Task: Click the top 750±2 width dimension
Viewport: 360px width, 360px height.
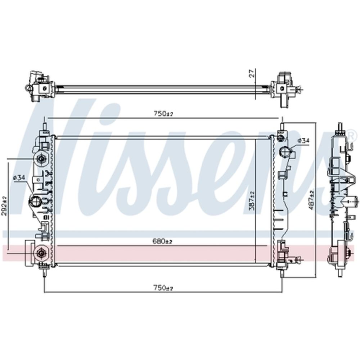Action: pyautogui.click(x=163, y=113)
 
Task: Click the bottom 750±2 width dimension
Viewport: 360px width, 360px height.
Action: pyautogui.click(x=163, y=288)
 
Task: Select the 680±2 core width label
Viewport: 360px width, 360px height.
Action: pyautogui.click(x=162, y=241)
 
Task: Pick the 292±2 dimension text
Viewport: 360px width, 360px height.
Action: pyautogui.click(x=4, y=206)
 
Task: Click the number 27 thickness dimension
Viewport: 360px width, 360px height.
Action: pyautogui.click(x=252, y=73)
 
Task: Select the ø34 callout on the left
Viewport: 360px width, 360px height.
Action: pyautogui.click(x=19, y=177)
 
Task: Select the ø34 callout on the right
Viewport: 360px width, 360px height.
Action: pyautogui.click(x=303, y=140)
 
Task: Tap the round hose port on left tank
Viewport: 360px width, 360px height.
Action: pyautogui.click(x=35, y=201)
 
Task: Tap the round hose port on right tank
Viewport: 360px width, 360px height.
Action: pyautogui.click(x=285, y=152)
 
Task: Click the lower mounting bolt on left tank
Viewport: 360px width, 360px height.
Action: pyautogui.click(x=41, y=253)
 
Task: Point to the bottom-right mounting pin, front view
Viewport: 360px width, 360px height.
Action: pyautogui.click(x=282, y=273)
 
